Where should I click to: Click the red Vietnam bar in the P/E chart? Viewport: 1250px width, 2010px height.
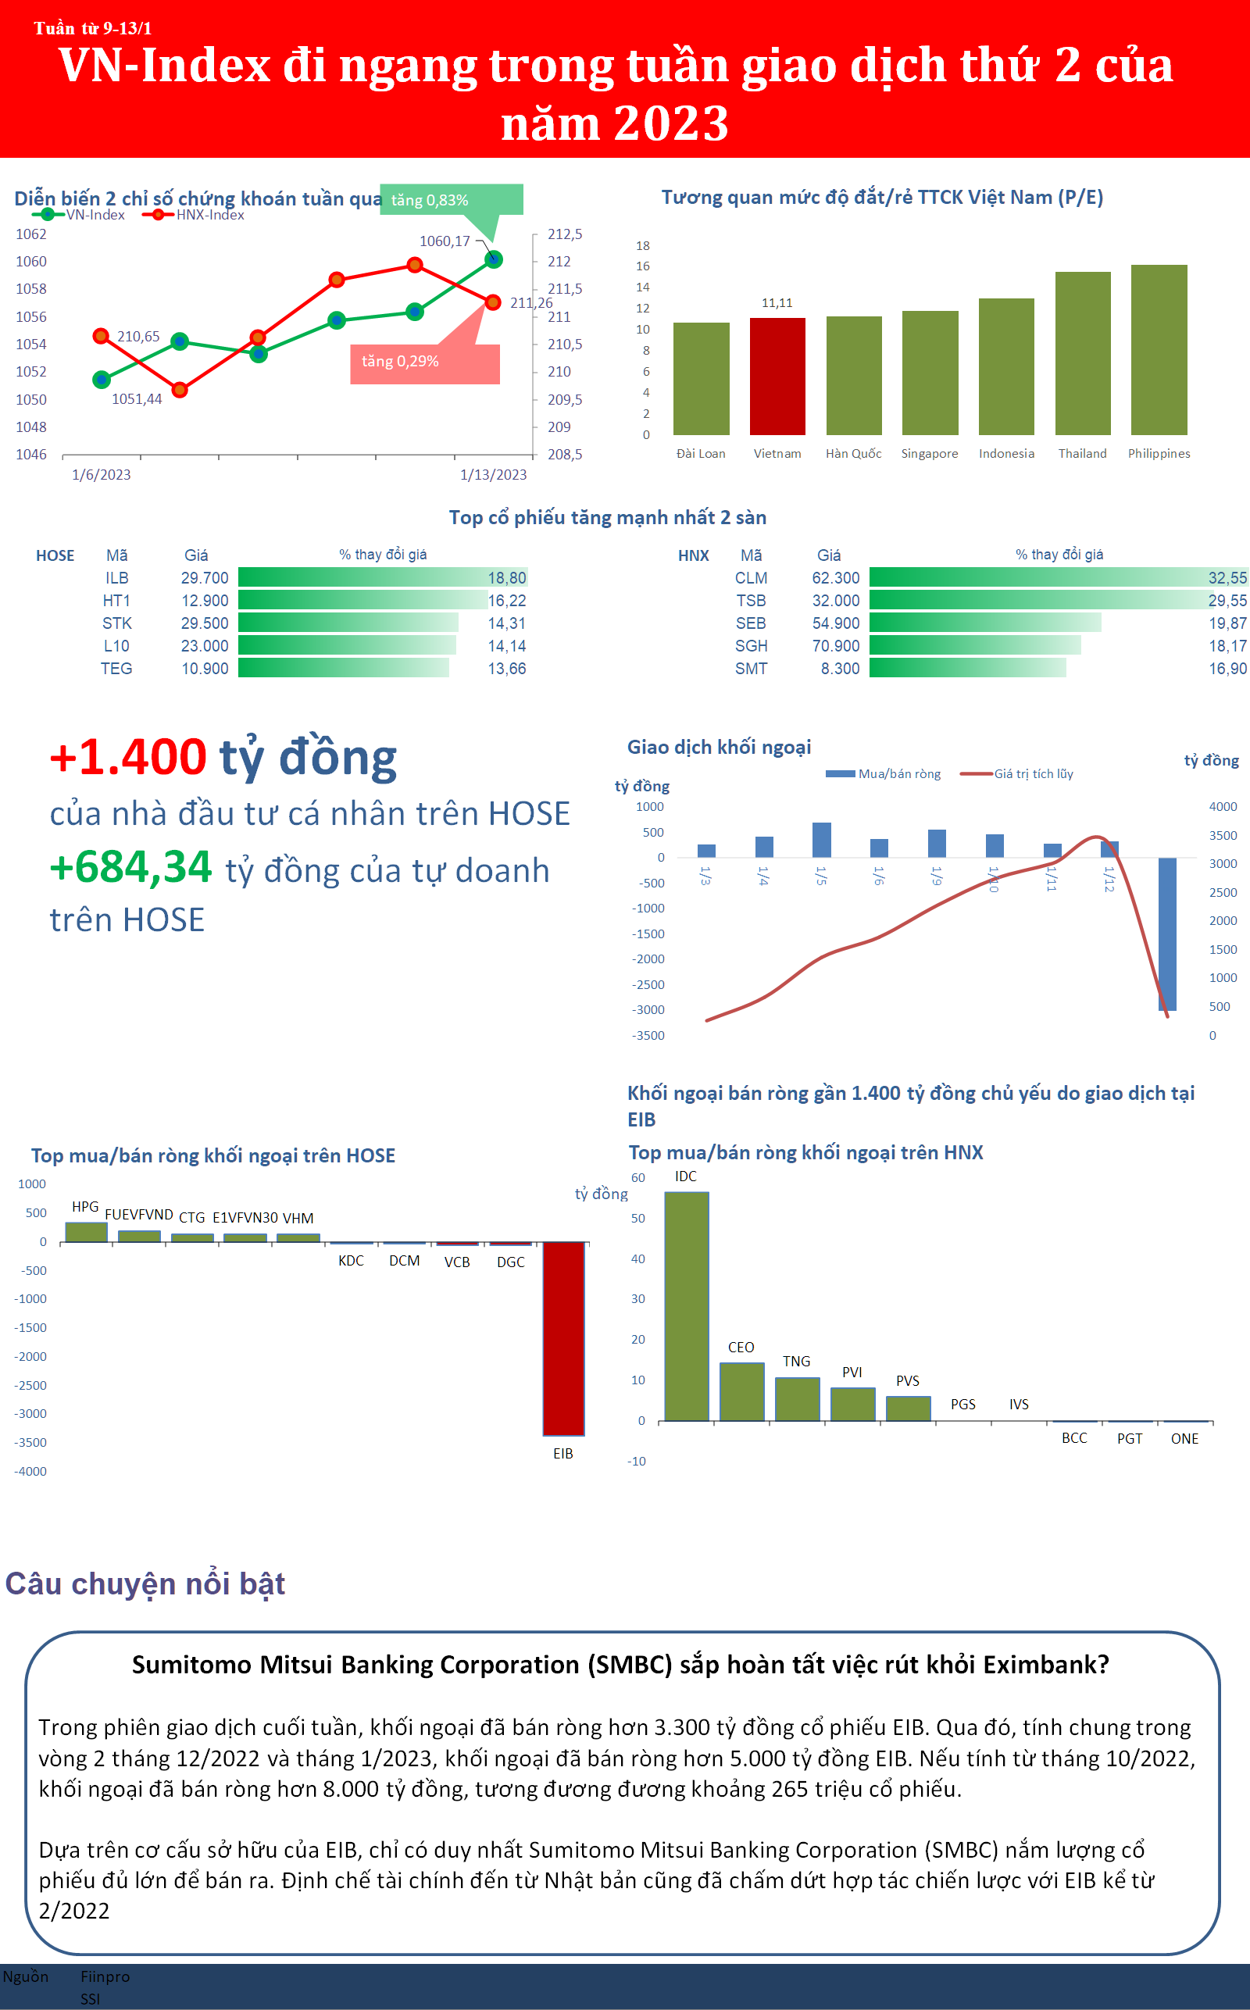[777, 376]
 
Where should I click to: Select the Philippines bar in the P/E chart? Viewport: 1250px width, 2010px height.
[1159, 350]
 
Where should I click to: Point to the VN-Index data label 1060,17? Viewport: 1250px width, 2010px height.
[444, 241]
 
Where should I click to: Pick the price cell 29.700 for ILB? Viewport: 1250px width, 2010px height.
[204, 578]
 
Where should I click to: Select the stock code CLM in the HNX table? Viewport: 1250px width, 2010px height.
[751, 578]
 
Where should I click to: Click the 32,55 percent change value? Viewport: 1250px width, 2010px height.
[1227, 578]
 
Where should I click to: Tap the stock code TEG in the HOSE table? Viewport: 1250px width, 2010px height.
[116, 669]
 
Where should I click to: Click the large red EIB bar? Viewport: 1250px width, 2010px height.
[563, 1339]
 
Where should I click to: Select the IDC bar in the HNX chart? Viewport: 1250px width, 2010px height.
[686, 1306]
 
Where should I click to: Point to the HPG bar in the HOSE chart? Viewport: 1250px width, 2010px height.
[86, 1231]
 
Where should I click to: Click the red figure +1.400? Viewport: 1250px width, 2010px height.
[128, 757]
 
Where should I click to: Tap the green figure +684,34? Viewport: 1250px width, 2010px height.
[130, 868]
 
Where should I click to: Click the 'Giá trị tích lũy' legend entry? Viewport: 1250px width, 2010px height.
[1033, 773]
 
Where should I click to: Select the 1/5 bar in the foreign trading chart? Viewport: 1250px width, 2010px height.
[821, 840]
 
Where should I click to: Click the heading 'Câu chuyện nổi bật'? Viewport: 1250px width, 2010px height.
[145, 1584]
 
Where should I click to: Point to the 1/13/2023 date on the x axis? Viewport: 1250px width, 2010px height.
[493, 474]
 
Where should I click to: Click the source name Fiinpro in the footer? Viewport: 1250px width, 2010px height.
[105, 1976]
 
